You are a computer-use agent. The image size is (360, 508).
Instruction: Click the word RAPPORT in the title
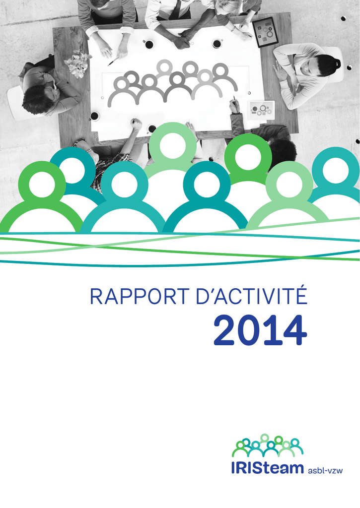(140, 296)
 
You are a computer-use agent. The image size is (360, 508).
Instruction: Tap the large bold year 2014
(260, 331)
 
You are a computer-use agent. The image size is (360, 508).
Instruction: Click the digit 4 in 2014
(295, 331)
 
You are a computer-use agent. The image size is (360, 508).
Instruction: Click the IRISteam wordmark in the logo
(267, 468)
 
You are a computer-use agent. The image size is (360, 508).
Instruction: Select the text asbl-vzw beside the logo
(325, 470)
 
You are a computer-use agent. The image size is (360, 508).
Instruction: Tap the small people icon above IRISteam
(267, 445)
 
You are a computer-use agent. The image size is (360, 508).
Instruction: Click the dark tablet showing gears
(265, 32)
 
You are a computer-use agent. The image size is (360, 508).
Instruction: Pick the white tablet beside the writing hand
(261, 110)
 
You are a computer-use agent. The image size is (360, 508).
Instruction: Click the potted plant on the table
(78, 63)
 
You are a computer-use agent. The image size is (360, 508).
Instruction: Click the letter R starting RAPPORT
(96, 296)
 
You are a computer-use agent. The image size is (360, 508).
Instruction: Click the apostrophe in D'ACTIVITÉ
(215, 290)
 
